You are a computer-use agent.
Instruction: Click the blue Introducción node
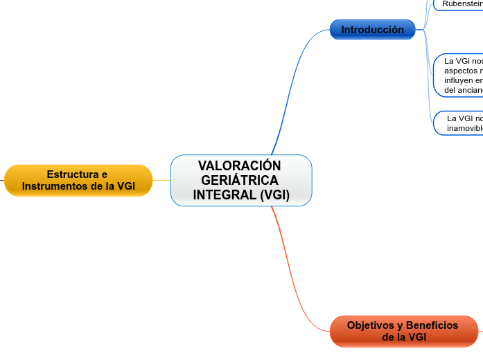[x=372, y=30]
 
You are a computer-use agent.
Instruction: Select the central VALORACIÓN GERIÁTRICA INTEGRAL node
[x=241, y=181]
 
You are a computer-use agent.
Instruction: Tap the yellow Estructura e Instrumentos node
[x=78, y=181]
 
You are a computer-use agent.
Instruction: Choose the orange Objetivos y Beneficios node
[x=404, y=331]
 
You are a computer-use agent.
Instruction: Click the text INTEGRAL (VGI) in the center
[x=241, y=195]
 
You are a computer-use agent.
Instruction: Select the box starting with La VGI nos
[x=461, y=75]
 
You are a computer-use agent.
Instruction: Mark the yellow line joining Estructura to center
[x=161, y=181]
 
